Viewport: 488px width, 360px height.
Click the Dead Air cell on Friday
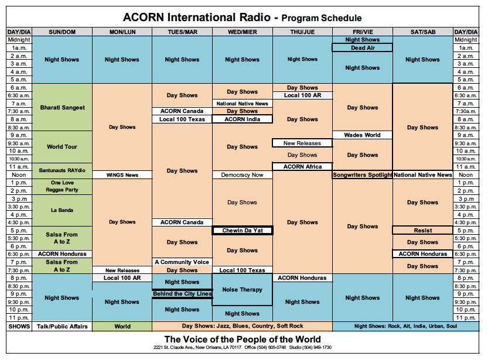coord(363,48)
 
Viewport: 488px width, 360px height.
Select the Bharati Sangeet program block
coord(62,107)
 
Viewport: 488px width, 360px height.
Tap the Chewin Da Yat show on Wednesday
coord(243,231)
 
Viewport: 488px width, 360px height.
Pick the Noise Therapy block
coord(243,289)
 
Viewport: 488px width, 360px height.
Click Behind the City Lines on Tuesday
coord(182,294)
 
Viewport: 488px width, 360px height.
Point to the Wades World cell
coord(363,135)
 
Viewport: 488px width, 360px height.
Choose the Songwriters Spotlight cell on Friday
coord(363,174)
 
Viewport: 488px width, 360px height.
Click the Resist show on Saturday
coord(422,231)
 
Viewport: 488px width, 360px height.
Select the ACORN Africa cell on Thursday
coord(302,167)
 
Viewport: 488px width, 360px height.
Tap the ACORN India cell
coord(243,119)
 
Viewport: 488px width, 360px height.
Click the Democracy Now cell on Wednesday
coord(243,174)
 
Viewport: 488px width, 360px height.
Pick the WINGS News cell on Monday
coord(122,174)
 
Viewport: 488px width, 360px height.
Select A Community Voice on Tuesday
coord(182,262)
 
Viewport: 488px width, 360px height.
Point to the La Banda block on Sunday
coord(62,210)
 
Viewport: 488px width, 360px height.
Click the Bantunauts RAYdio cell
coord(62,170)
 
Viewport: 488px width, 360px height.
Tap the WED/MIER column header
coord(243,32)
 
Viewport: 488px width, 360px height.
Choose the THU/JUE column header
coord(302,32)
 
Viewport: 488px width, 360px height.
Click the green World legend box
coord(122,327)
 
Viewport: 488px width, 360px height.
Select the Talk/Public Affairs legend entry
coord(62,327)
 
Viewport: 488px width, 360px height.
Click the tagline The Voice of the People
coord(243,339)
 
